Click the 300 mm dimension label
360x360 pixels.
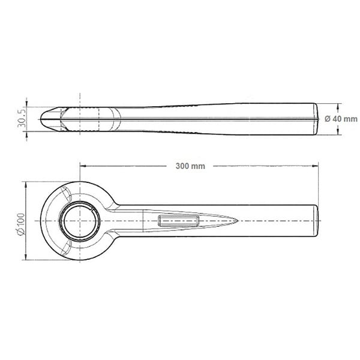[190, 166]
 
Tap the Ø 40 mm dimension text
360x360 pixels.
[341, 119]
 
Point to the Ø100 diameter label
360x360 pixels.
[21, 224]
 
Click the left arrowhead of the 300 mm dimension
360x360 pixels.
[83, 166]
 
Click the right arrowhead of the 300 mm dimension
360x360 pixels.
[315, 166]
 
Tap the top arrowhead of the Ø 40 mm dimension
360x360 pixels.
[337, 107]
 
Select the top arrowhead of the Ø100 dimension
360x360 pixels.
[26, 185]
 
